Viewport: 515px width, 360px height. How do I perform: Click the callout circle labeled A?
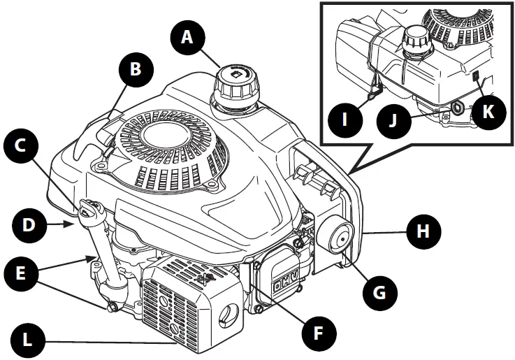pyautogui.click(x=187, y=37)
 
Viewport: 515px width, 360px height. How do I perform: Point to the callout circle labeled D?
pyautogui.click(x=29, y=224)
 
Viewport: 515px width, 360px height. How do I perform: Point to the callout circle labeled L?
pyautogui.click(x=29, y=341)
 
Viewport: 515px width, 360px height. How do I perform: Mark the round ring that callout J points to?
pyautogui.click(x=458, y=106)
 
